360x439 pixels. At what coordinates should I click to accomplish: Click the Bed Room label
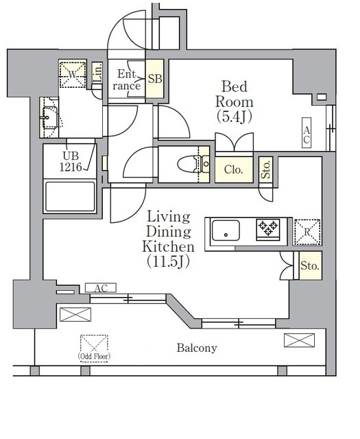tap(235, 102)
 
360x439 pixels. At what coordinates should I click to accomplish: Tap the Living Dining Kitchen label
tap(168, 239)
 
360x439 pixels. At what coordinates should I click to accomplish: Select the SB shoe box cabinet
tap(154, 79)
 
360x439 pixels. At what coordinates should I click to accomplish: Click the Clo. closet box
tap(234, 169)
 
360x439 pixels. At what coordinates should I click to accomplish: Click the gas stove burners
tap(268, 229)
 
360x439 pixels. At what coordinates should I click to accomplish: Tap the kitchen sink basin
tap(226, 230)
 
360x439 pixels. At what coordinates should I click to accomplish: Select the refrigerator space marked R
tap(307, 232)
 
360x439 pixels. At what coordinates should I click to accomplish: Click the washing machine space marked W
tap(72, 75)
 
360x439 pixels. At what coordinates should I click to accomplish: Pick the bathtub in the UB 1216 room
tap(70, 197)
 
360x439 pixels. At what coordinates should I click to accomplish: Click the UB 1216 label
tap(71, 161)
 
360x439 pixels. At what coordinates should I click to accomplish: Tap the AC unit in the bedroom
tap(307, 132)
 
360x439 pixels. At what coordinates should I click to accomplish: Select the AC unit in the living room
tap(101, 288)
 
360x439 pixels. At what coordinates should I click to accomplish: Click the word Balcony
tap(197, 348)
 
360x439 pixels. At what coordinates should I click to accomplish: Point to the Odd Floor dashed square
tap(94, 348)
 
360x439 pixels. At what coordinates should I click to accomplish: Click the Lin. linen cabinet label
tap(97, 73)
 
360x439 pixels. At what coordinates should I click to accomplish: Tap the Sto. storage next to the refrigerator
tap(310, 265)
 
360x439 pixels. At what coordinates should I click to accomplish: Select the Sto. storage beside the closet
tap(265, 169)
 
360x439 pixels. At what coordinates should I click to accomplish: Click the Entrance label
tap(127, 80)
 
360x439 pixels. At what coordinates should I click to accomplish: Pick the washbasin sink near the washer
tap(50, 117)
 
